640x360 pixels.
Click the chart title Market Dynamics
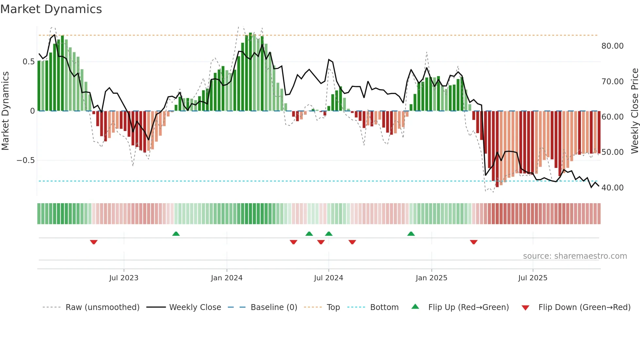tap(51, 9)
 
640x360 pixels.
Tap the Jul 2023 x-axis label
tap(124, 278)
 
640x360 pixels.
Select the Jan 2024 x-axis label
tap(227, 278)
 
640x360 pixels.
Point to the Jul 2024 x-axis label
tap(328, 278)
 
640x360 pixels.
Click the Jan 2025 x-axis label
tap(431, 278)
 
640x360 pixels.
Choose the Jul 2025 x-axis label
tap(533, 278)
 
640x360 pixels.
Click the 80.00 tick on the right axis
tap(613, 46)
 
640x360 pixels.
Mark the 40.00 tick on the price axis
tap(613, 188)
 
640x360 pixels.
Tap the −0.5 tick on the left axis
tap(25, 160)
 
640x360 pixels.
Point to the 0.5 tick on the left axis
tap(28, 62)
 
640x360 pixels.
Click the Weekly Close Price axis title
tap(634, 111)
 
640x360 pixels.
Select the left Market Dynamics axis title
tap(5, 111)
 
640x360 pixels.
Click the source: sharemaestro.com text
tap(575, 256)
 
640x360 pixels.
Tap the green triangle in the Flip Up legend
tap(415, 307)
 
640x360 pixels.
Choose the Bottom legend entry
tap(384, 307)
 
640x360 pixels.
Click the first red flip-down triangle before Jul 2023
tap(94, 242)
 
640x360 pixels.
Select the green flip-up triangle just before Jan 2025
tap(411, 234)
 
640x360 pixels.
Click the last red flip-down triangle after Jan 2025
tap(474, 242)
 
